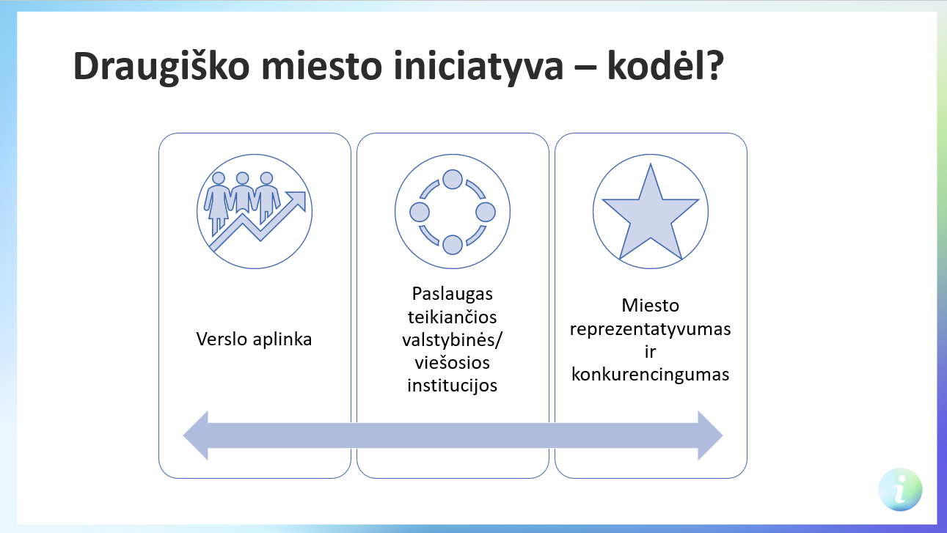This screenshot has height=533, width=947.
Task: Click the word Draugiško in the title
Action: pyautogui.click(x=162, y=67)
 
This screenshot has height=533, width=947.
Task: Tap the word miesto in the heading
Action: pyautogui.click(x=322, y=66)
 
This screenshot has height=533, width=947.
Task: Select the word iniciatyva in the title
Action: pyautogui.click(x=478, y=67)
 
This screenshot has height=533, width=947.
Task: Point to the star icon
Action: pyautogui.click(x=650, y=213)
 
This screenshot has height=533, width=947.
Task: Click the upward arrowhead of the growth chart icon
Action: pyautogui.click(x=296, y=200)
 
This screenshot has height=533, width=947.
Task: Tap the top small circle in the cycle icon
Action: pyautogui.click(x=453, y=179)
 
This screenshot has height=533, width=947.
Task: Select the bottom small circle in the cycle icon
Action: pyautogui.click(x=453, y=245)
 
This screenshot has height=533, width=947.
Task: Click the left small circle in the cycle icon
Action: pyautogui.click(x=420, y=212)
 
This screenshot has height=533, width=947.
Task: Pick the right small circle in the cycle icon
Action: pyautogui.click(x=486, y=212)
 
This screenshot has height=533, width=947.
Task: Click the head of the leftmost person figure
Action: pyautogui.click(x=219, y=178)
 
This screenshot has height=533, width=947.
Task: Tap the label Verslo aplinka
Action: pyautogui.click(x=254, y=339)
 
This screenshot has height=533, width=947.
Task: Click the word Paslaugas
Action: pyautogui.click(x=453, y=294)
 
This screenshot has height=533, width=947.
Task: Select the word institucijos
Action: pyautogui.click(x=453, y=386)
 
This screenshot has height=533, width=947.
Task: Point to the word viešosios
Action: pyautogui.click(x=453, y=363)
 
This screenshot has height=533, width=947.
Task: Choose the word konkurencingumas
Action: pyautogui.click(x=650, y=375)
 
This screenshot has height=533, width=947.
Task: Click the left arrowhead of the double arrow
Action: pyautogui.click(x=196, y=435)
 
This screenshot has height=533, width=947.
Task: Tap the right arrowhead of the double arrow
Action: pyautogui.click(x=710, y=435)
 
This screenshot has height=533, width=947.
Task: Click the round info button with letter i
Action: pyautogui.click(x=900, y=490)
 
